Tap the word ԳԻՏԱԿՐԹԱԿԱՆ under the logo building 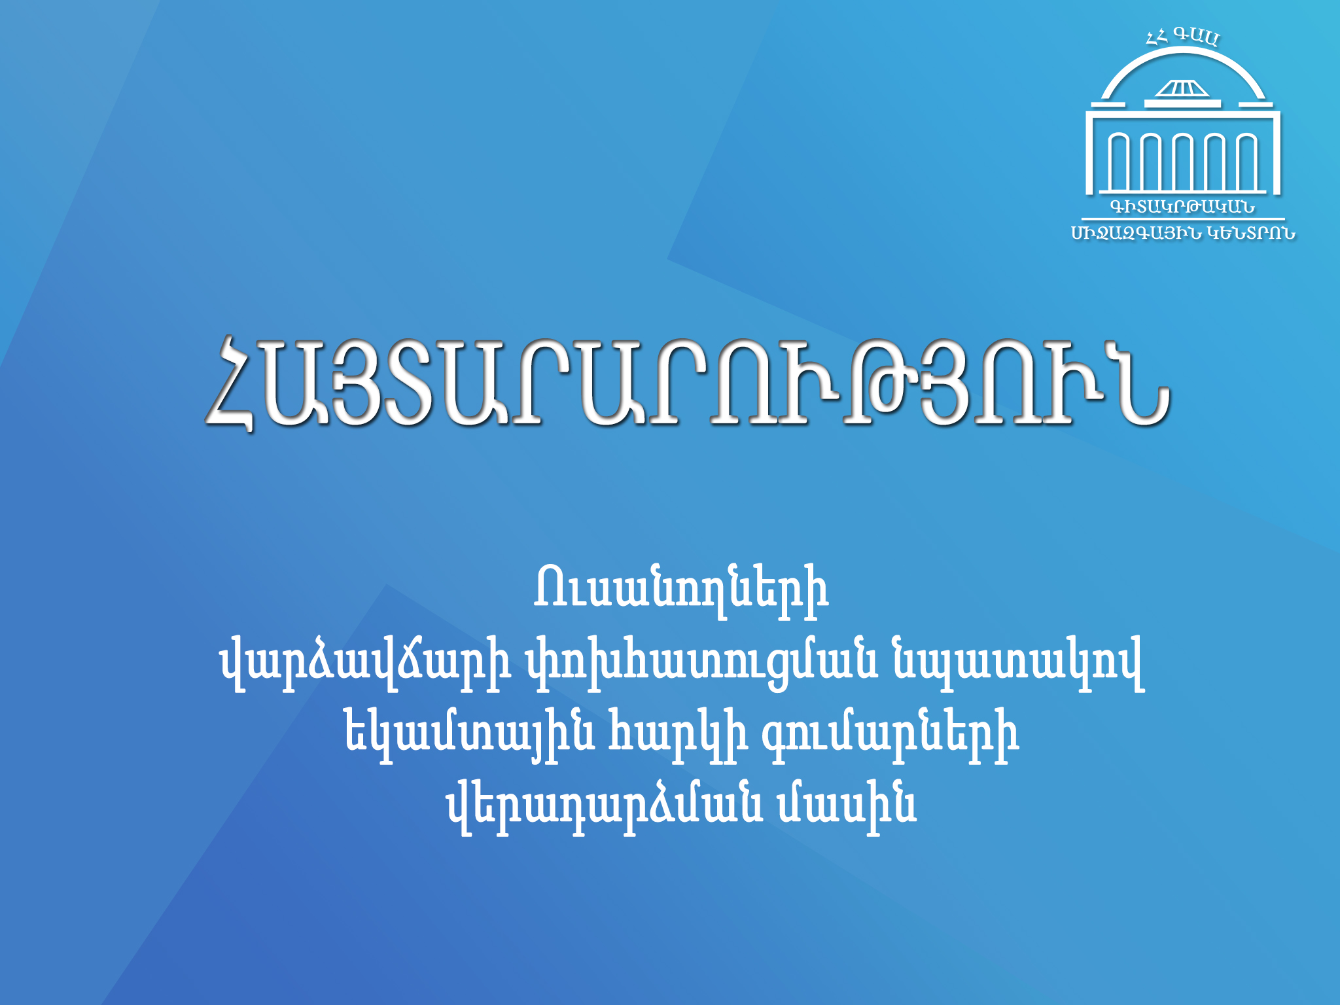click(x=1182, y=207)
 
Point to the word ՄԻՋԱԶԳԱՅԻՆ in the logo click(x=1135, y=234)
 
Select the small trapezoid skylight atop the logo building click(x=1182, y=88)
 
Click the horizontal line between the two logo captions click(x=1183, y=219)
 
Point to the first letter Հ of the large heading click(x=230, y=384)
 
